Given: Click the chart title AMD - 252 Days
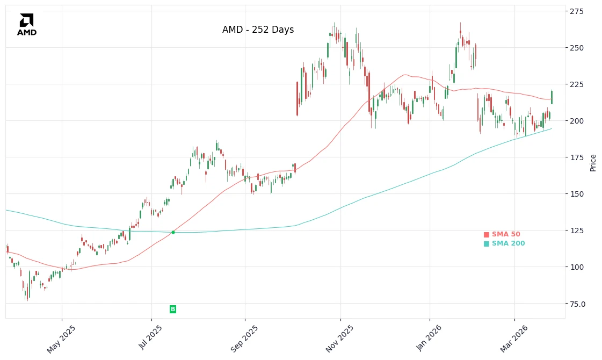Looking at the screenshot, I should point(258,30).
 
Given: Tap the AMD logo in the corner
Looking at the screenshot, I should point(27,25).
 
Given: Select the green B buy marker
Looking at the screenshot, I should point(173,309).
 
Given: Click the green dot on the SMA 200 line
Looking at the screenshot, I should point(173,232).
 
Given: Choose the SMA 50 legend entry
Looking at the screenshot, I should point(502,234).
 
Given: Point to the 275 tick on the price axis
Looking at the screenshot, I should point(578,11).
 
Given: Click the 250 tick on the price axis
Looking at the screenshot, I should point(578,48).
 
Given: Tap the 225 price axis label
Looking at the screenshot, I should point(578,84).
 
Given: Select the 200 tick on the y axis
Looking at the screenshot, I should point(578,121).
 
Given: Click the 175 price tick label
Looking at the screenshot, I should point(578,157).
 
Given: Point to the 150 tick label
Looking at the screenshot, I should point(578,194).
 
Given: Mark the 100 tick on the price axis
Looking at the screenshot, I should point(578,267).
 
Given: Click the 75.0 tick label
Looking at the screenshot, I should point(578,304).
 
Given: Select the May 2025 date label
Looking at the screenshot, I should point(61,339).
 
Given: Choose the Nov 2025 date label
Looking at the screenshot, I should point(339,339).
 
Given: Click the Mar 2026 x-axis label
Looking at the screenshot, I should point(514,339).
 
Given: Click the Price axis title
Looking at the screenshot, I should point(593,162).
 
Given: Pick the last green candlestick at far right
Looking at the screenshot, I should point(552,97).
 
